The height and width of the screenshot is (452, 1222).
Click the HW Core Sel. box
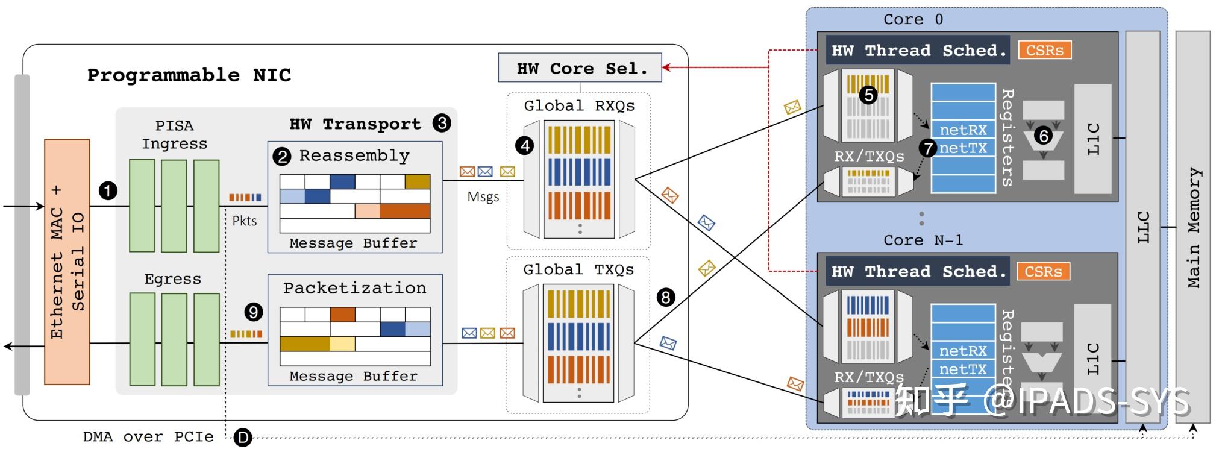tap(580, 68)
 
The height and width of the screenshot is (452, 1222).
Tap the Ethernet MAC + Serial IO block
tap(67, 262)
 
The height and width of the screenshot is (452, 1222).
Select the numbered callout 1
tap(108, 191)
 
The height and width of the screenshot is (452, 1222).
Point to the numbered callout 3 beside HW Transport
tap(442, 124)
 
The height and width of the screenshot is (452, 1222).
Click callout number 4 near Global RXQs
tap(525, 145)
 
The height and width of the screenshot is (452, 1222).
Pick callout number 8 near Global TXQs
tap(666, 297)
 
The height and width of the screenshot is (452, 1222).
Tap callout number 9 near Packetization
tap(254, 312)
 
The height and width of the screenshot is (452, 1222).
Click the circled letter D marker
tap(243, 438)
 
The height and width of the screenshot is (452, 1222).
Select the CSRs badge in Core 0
tap(1044, 50)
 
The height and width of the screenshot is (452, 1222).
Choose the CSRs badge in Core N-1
tap(1043, 271)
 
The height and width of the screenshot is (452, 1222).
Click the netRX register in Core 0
tap(963, 130)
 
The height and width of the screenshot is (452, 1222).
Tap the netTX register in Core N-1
tap(963, 369)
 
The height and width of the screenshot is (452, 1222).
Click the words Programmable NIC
tap(189, 75)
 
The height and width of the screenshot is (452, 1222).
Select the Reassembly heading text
tap(354, 155)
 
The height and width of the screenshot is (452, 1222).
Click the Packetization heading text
tap(354, 288)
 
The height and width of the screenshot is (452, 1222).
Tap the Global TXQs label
tap(578, 269)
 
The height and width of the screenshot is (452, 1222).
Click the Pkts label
tap(245, 221)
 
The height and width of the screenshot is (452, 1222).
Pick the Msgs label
tap(483, 197)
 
